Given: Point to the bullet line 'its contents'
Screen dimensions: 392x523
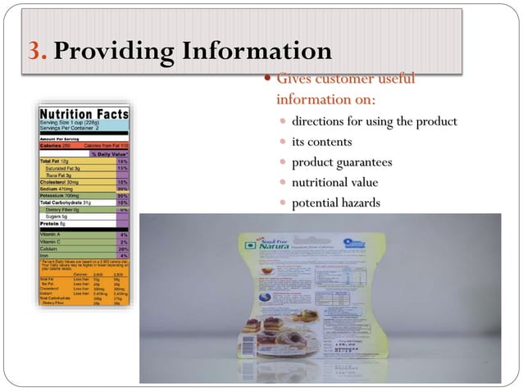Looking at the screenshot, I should [322, 142].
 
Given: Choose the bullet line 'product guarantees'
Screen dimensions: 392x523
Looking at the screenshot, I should [342, 162].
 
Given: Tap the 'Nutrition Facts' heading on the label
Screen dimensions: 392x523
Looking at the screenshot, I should [84, 114].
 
